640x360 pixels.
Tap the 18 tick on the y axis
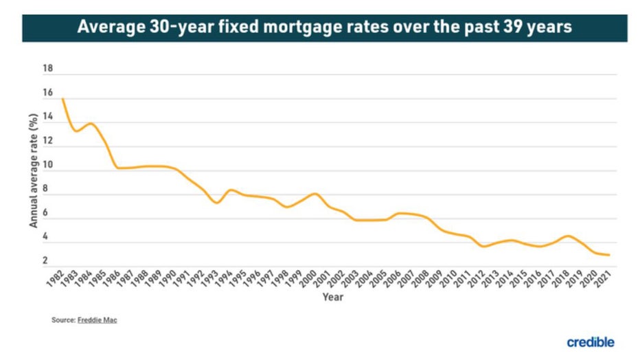pos(47,69)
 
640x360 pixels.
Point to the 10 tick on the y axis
pos(47,165)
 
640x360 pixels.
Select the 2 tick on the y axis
pos(45,261)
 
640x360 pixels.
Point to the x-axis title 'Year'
pos(333,297)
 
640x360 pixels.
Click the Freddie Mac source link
pos(98,319)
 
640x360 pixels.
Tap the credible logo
pos(591,341)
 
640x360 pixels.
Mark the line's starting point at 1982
pos(63,99)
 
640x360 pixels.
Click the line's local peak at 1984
pos(91,124)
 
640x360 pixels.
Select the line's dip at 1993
pos(216,203)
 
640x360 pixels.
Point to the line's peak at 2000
pos(315,194)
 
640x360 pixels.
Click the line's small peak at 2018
pos(567,236)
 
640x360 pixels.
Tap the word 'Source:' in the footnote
pos(62,319)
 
